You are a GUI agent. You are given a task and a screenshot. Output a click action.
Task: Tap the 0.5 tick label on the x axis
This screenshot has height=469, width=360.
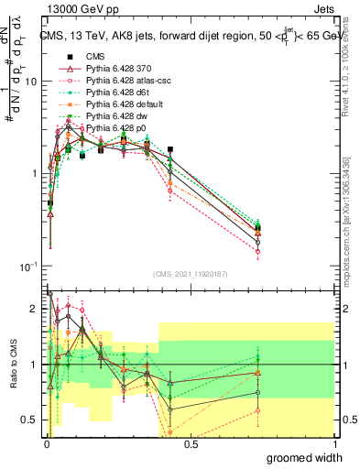(191, 444)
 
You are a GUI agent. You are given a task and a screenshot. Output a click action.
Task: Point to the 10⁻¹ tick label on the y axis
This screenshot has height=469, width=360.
(27, 266)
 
